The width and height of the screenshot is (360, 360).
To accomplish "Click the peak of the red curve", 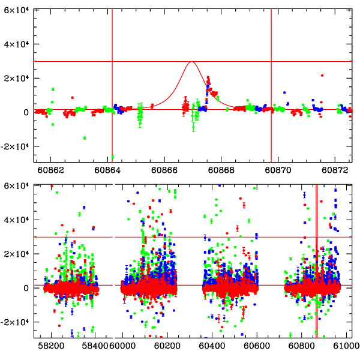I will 191,62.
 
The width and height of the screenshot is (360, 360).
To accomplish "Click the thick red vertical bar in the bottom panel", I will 316,270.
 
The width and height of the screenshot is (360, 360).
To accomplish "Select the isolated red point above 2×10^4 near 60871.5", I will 322,76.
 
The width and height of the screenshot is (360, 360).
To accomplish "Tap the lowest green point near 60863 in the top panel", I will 85,138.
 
